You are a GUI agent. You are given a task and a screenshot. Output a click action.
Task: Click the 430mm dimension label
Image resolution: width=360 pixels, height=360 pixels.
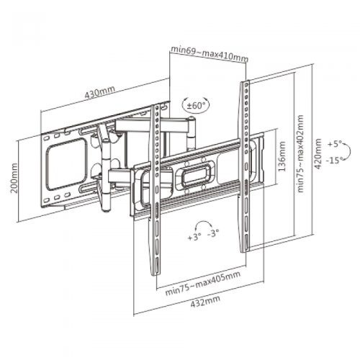[x=100, y=91]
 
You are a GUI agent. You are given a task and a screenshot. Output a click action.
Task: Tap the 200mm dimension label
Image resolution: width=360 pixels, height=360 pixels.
[x=14, y=178]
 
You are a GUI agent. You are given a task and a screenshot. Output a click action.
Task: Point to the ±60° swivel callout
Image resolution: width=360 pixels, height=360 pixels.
[x=196, y=105]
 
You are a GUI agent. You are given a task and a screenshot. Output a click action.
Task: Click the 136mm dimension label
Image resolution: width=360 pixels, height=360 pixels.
[x=282, y=156]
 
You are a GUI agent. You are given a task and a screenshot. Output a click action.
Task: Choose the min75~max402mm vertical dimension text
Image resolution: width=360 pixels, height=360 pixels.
[x=300, y=154]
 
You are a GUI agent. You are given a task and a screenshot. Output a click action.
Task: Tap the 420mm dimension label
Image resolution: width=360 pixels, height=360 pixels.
[x=318, y=154]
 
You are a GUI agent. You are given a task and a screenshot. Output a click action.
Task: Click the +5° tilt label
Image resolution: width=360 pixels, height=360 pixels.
[x=335, y=145]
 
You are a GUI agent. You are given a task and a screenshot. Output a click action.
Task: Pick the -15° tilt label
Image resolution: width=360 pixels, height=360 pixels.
[x=333, y=160]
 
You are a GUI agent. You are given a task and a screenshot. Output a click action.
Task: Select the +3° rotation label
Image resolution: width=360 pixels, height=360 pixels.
[x=194, y=238]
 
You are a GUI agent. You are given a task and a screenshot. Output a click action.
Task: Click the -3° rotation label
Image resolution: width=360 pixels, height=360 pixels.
[x=212, y=233]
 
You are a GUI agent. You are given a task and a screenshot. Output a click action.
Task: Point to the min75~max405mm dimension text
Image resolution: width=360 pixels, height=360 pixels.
[x=203, y=284]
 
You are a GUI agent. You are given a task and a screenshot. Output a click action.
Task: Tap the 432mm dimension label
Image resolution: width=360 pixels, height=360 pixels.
[x=205, y=301]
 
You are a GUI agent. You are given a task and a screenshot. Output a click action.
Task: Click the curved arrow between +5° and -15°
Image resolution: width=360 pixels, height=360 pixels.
[x=349, y=151]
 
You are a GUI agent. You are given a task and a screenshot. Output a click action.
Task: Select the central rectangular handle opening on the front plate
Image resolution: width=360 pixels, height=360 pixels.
[x=196, y=174]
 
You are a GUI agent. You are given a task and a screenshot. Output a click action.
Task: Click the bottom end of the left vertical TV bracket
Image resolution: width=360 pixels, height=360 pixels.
[x=156, y=274]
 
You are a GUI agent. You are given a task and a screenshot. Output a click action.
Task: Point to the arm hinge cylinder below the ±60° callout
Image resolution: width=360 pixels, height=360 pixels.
[x=192, y=134]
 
